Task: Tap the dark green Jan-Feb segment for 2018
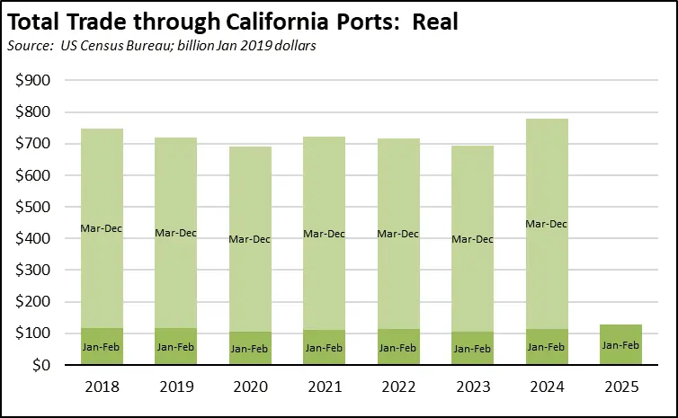pyautogui.click(x=102, y=346)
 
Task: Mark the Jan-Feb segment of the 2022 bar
pyautogui.click(x=397, y=347)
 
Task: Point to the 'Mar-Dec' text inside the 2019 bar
pyautogui.click(x=175, y=233)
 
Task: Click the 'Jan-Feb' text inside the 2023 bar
pyautogui.click(x=472, y=348)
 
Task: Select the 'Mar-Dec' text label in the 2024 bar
pyautogui.click(x=546, y=224)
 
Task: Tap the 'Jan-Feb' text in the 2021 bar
pyautogui.click(x=324, y=347)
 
